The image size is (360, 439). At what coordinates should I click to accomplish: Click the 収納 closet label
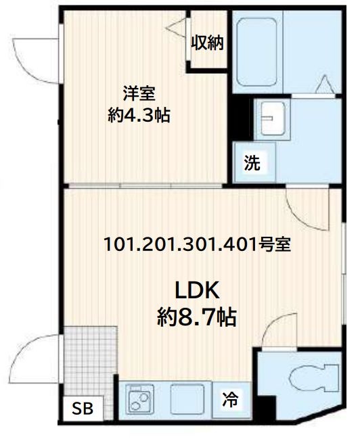coord(206,44)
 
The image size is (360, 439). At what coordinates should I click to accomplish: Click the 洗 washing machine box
coord(251,162)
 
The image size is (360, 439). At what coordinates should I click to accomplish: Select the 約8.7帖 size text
coord(196,317)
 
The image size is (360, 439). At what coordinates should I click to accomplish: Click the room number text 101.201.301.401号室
coord(198,244)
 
